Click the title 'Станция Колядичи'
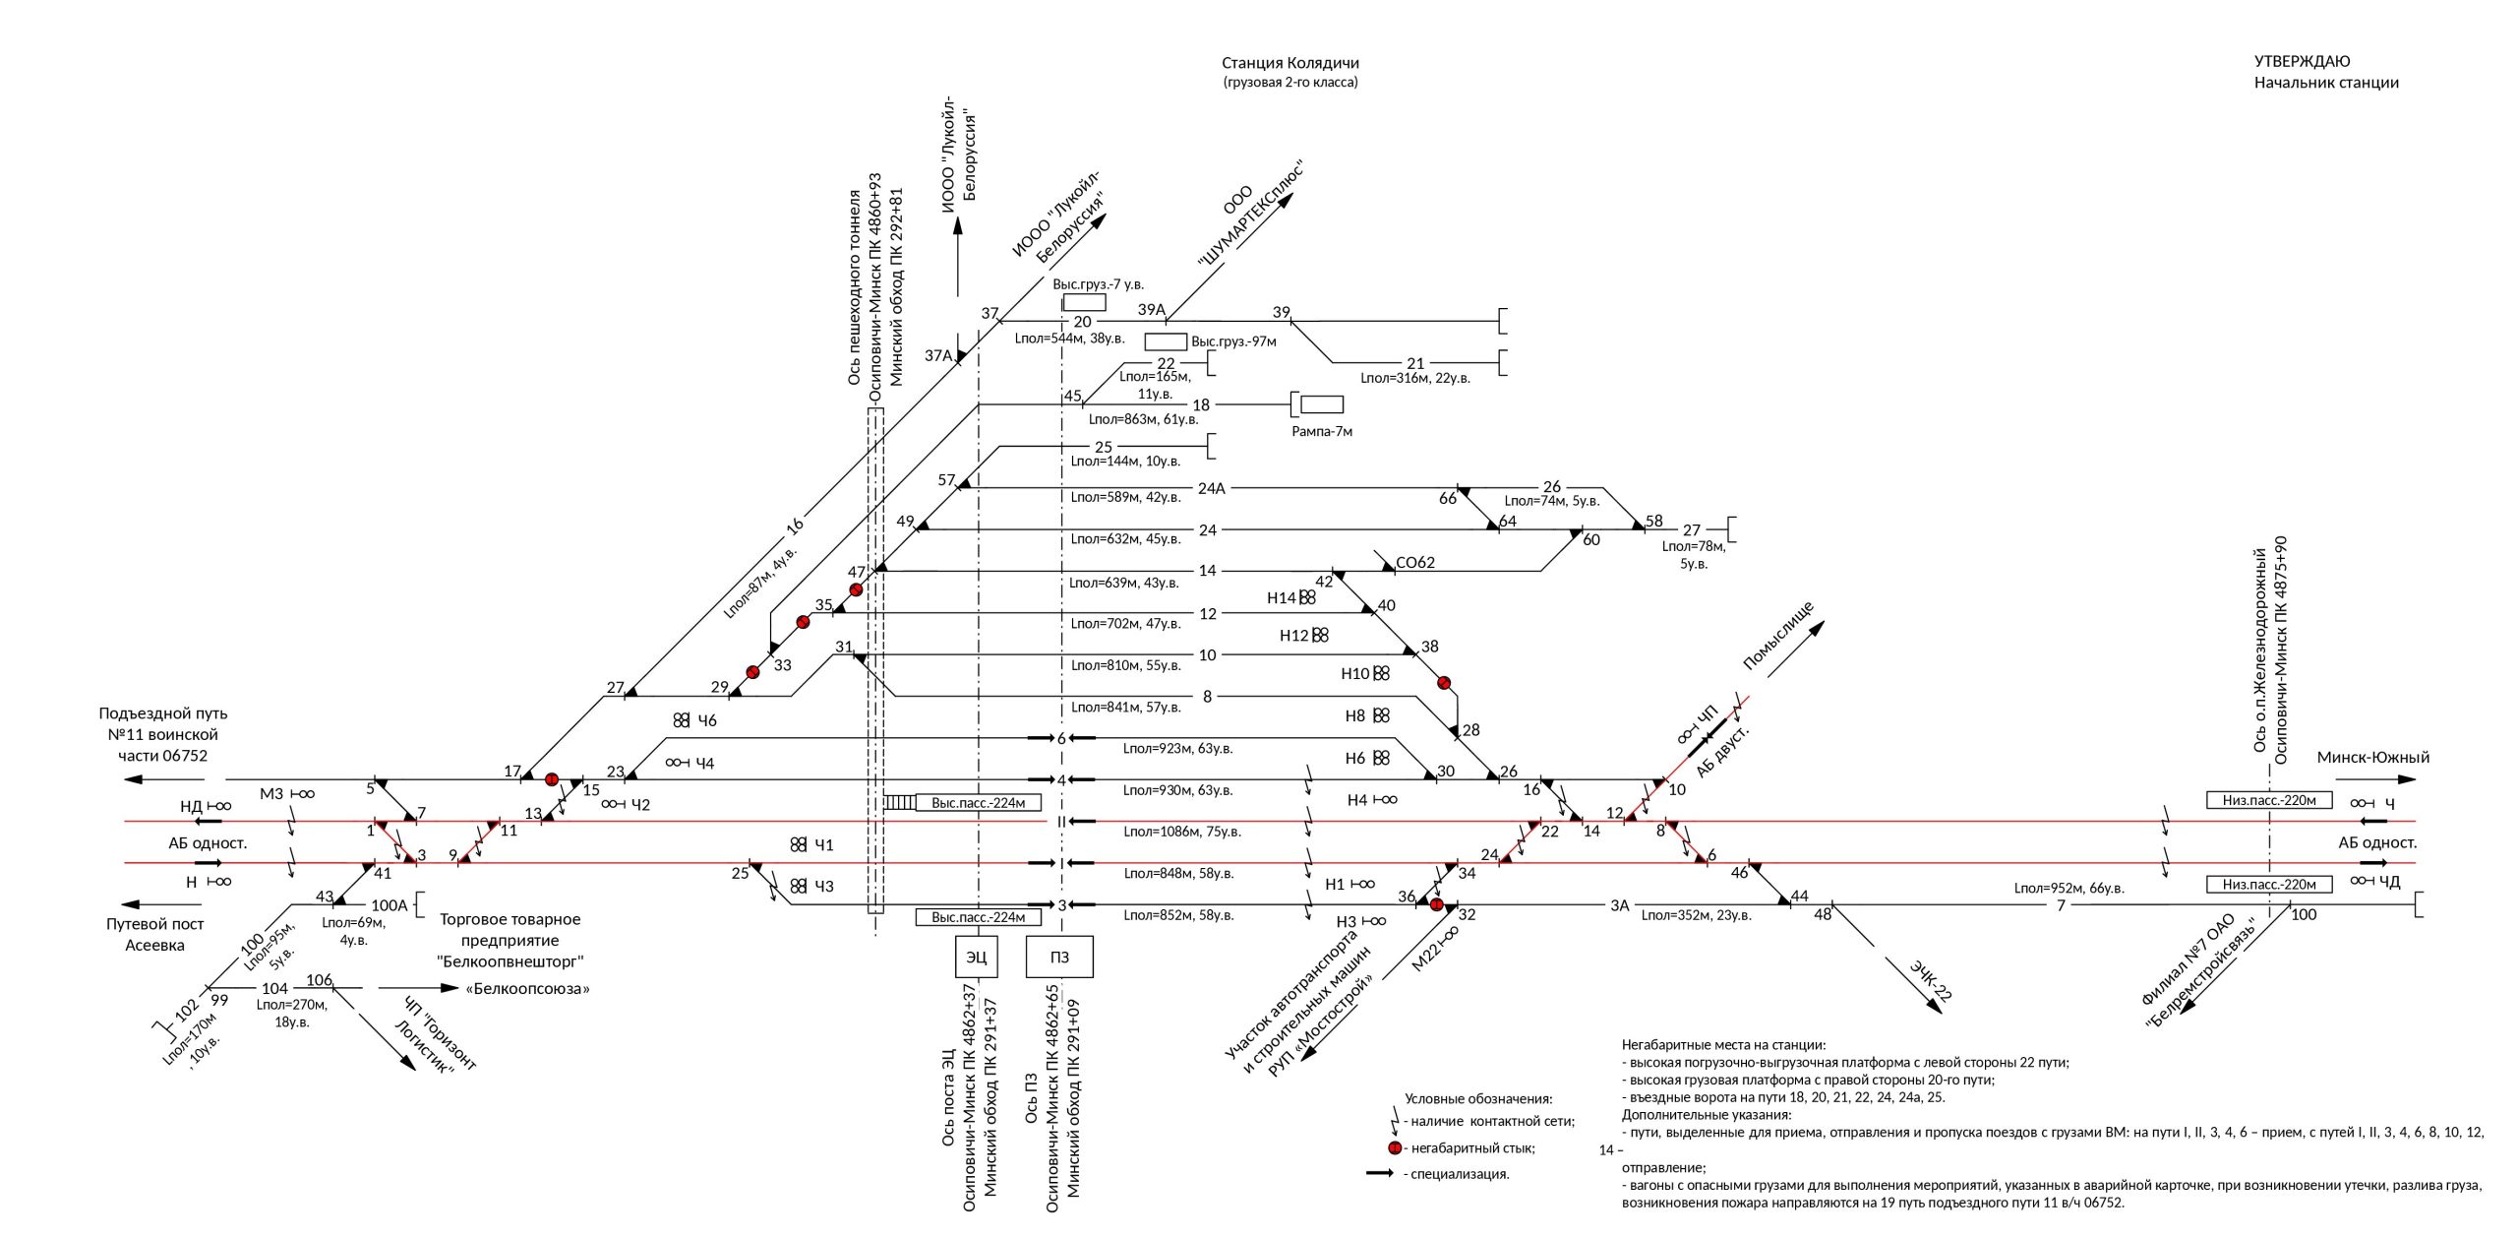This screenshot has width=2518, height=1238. [1289, 63]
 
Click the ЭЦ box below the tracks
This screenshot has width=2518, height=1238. [976, 957]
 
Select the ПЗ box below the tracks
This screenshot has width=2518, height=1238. [1059, 957]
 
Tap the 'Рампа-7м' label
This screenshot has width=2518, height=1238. [1321, 431]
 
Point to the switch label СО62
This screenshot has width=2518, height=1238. [1415, 562]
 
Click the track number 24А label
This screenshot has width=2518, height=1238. [1211, 488]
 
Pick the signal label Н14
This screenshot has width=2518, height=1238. [1282, 597]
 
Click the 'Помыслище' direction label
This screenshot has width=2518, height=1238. [1777, 636]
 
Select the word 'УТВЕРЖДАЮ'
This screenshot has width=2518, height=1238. [2302, 61]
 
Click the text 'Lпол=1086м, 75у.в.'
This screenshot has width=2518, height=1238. [1182, 832]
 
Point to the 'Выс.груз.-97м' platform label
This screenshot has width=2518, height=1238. [1233, 341]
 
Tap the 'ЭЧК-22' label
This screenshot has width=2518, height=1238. [1930, 980]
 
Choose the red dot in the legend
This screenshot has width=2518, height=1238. [1395, 1148]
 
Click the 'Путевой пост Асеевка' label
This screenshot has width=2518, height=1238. [154, 934]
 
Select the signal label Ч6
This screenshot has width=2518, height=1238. [706, 720]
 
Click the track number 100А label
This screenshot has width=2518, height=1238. [389, 905]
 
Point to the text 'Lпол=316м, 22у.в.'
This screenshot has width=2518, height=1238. [1414, 378]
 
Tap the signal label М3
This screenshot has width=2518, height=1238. [271, 794]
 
